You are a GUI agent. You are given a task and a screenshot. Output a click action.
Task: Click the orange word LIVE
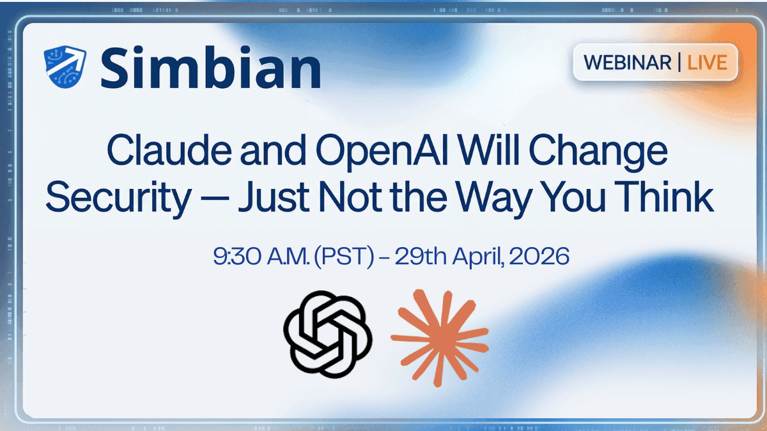click(x=708, y=63)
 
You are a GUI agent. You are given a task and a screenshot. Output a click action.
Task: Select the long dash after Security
click(x=213, y=199)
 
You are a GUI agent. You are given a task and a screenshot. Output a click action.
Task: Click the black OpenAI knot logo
click(x=327, y=335)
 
